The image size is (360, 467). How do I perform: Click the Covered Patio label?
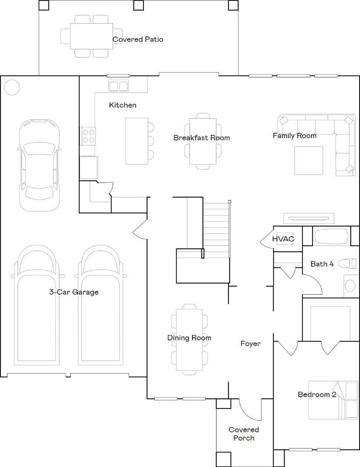coord(138,39)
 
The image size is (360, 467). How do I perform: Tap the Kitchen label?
coord(122,105)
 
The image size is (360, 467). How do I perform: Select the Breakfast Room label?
coord(202,138)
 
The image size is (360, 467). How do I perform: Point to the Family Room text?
coord(294,136)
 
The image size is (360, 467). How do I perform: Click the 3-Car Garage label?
coord(73,292)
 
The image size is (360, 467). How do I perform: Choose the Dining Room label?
coord(189,338)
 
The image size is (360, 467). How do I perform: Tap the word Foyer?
coord(250,344)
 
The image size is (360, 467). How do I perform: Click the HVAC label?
coord(283,239)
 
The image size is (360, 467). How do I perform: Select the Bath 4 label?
coord(322,264)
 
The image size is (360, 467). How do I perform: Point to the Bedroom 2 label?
coord(317,394)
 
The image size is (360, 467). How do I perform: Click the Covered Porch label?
coord(244,434)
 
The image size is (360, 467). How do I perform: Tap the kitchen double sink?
coord(118,86)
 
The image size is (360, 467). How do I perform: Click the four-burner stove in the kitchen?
coord(88,136)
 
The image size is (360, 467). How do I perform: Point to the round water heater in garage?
coord(12,87)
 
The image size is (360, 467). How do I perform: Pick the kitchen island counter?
coord(137,141)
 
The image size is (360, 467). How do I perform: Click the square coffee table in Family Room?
coord(309,161)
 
